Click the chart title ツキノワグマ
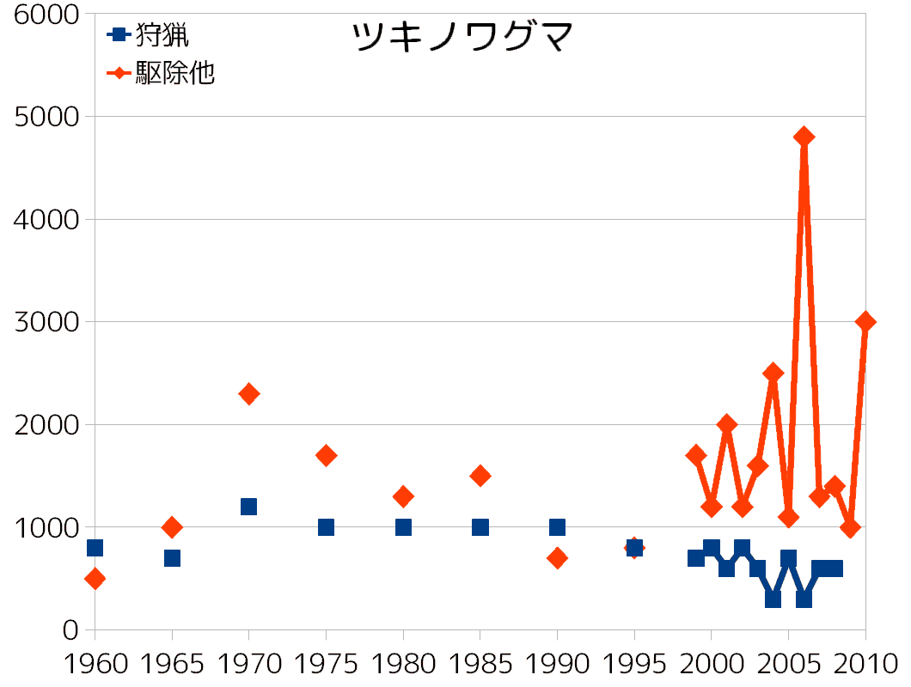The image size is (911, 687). pyautogui.click(x=462, y=37)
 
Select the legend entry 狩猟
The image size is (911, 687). pyautogui.click(x=162, y=35)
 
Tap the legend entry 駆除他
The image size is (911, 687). pyautogui.click(x=174, y=74)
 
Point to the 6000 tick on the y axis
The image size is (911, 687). pyautogui.click(x=42, y=15)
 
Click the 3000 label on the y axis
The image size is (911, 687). pyautogui.click(x=42, y=322)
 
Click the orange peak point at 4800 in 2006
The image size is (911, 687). pyautogui.click(x=804, y=137)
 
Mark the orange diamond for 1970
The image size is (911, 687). pyautogui.click(x=249, y=394)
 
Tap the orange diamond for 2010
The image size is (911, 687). pyautogui.click(x=865, y=321)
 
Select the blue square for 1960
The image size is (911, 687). pyautogui.click(x=95, y=548)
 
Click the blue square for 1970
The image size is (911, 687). pyautogui.click(x=249, y=507)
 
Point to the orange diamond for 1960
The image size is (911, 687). pyautogui.click(x=95, y=579)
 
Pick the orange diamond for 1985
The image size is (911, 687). pyautogui.click(x=480, y=476)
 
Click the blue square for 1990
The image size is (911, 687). pyautogui.click(x=557, y=527)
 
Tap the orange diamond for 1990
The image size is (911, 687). pyautogui.click(x=557, y=558)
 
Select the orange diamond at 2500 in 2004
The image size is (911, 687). pyautogui.click(x=773, y=373)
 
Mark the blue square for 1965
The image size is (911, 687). pyautogui.click(x=172, y=558)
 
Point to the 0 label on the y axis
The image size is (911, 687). pyautogui.click(x=70, y=629)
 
